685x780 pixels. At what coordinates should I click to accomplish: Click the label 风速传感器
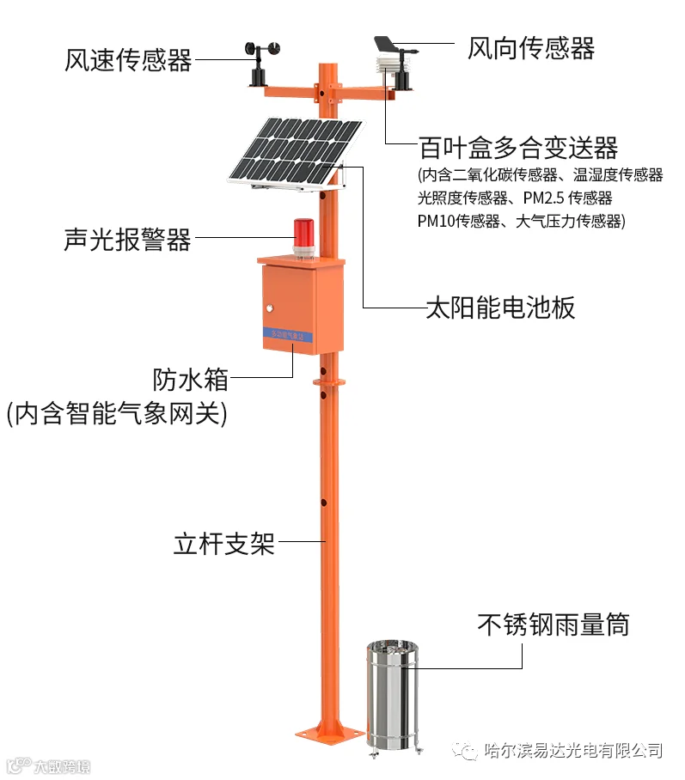point(128,59)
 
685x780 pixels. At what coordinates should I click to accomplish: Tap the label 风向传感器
point(530,47)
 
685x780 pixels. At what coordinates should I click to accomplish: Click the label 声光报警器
point(127,240)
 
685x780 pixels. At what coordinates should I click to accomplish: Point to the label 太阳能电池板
point(500,308)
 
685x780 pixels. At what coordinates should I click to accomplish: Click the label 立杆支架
point(223,544)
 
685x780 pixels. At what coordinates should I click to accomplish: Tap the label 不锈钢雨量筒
point(553,625)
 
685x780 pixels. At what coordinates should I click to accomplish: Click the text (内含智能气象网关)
point(117,415)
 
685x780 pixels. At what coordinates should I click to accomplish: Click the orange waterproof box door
point(291,306)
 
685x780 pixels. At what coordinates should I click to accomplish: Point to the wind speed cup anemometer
point(257,56)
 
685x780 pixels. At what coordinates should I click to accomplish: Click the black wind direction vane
point(394,44)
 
